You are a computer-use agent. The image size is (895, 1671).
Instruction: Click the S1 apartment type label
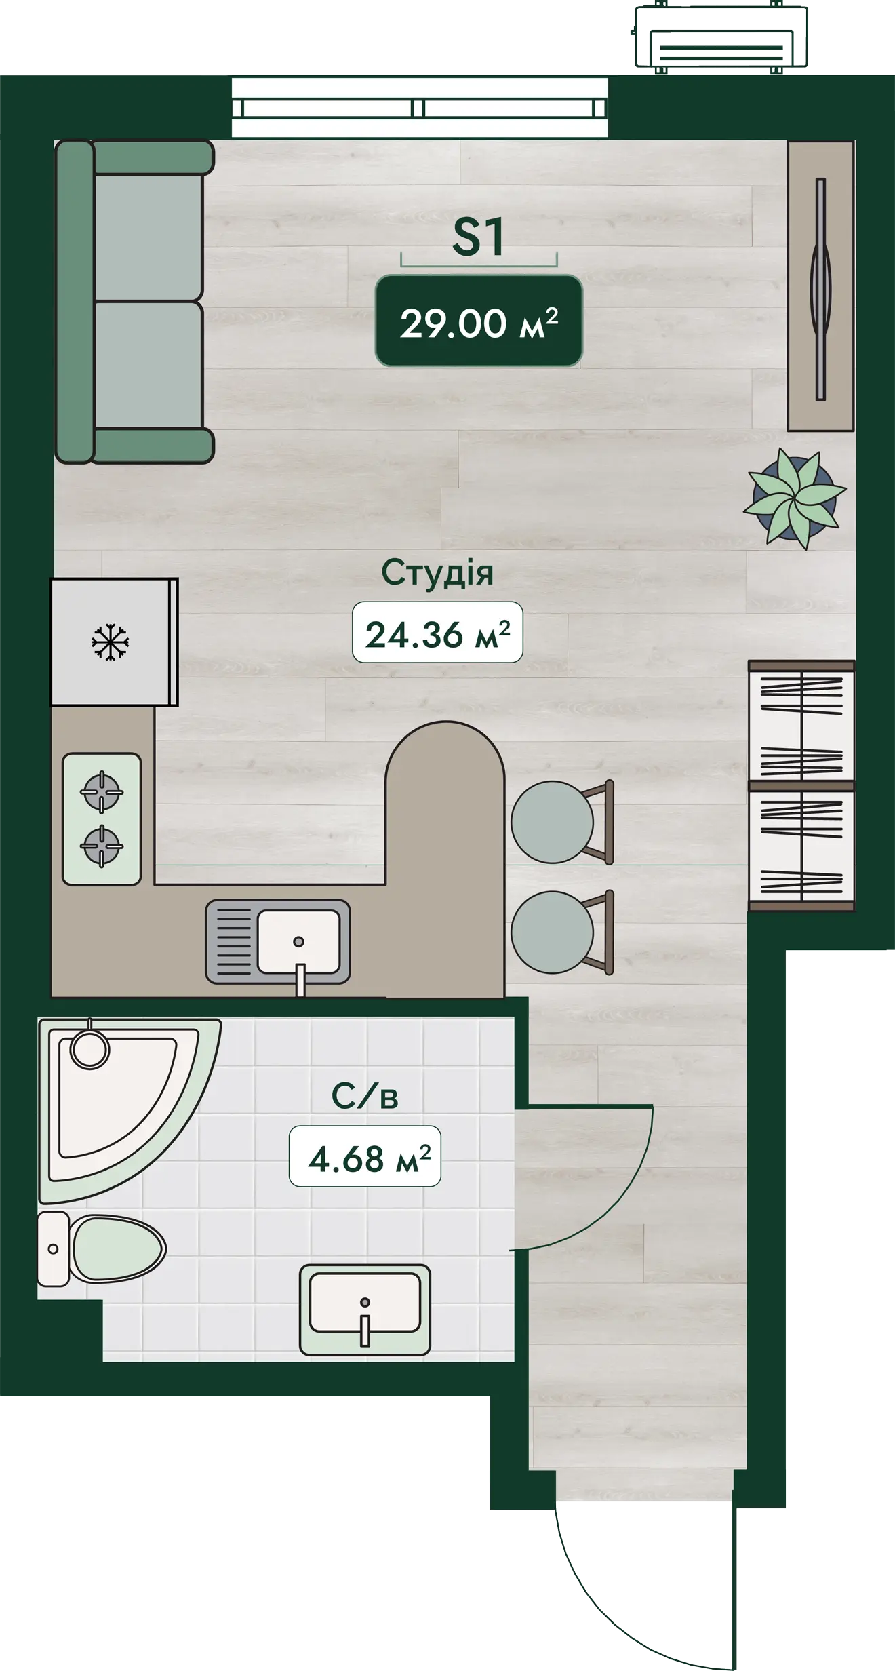[478, 237]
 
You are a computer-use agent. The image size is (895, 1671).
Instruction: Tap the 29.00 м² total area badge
[479, 321]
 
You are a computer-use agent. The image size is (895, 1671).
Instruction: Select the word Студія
[437, 573]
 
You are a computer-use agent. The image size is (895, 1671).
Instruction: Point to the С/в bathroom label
[365, 1096]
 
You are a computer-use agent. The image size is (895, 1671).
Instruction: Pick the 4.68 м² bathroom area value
[365, 1157]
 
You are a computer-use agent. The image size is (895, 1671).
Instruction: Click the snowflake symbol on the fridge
[110, 642]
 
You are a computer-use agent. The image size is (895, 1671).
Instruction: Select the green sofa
[134, 302]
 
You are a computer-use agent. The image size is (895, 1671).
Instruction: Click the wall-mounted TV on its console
[821, 288]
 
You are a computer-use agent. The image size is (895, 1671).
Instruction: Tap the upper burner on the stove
[102, 791]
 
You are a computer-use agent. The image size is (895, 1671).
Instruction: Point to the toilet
[102, 1249]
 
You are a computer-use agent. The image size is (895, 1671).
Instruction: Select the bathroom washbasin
[365, 1310]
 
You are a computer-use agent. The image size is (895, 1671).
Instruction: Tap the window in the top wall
[420, 108]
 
